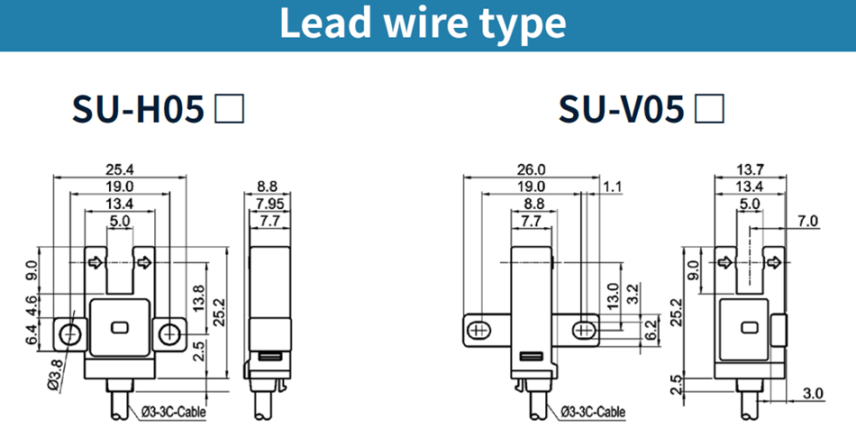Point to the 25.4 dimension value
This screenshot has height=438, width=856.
120,169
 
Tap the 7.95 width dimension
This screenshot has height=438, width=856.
267,204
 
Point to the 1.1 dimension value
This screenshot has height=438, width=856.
613,187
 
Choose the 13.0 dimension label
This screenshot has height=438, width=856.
614,294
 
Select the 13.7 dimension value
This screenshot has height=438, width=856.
750,169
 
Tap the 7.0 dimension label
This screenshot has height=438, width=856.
806,222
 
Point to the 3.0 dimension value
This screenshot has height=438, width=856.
814,394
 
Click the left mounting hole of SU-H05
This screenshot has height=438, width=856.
68,334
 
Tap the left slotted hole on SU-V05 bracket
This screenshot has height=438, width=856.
479,331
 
